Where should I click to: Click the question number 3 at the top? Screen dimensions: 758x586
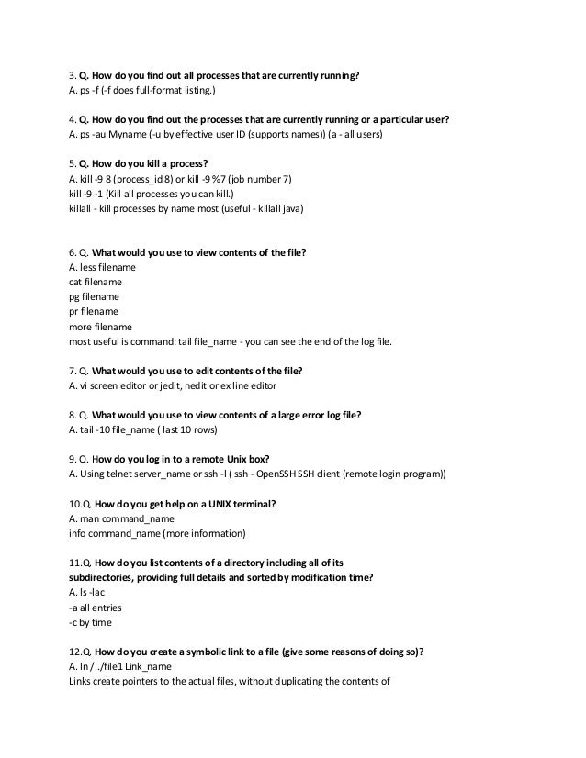pyautogui.click(x=73, y=75)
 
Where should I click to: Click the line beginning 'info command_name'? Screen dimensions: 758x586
pyautogui.click(x=157, y=533)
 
